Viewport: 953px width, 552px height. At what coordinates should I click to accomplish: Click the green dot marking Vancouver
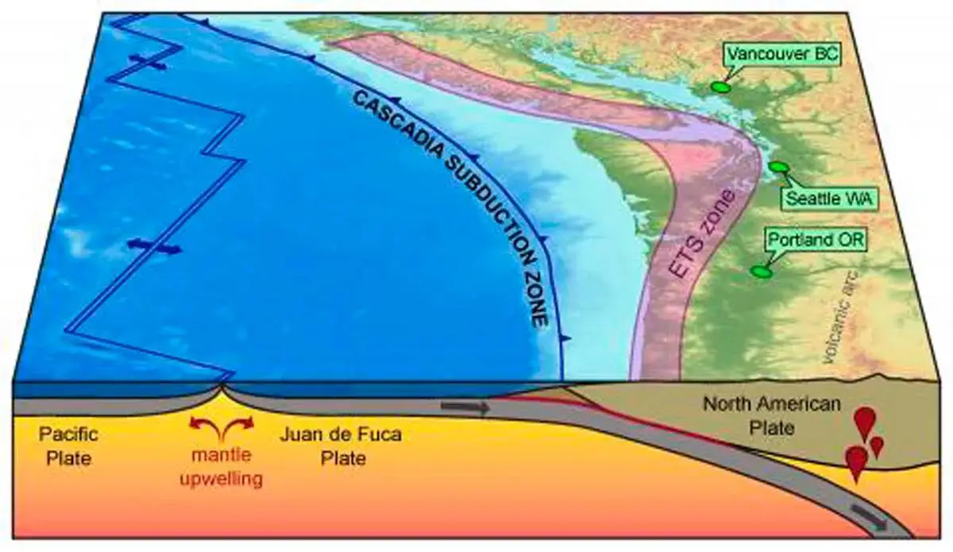720,87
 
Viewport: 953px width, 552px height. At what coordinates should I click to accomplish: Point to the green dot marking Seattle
778,167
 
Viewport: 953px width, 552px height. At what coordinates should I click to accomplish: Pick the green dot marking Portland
761,272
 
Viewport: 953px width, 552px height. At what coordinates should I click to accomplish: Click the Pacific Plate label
66,447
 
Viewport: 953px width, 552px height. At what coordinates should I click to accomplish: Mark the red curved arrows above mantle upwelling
222,427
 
